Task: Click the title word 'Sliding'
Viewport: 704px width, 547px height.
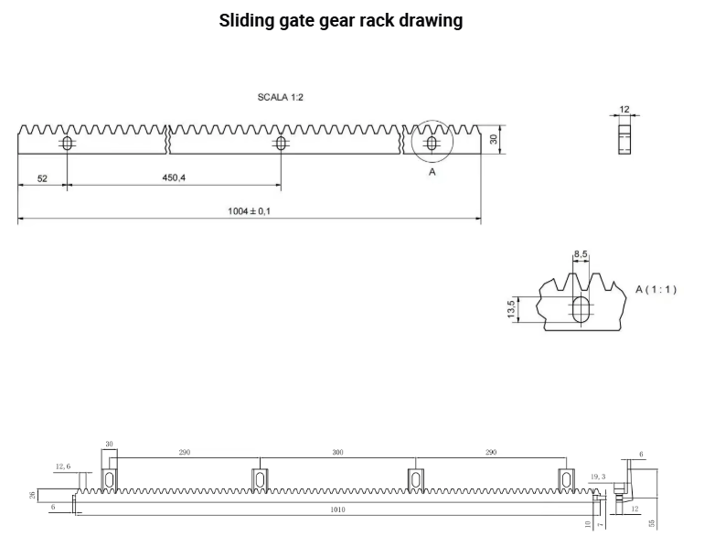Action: pyautogui.click(x=246, y=21)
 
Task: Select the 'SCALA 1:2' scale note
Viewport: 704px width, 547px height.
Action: pyautogui.click(x=282, y=97)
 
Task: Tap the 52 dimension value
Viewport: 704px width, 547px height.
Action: pyautogui.click(x=42, y=178)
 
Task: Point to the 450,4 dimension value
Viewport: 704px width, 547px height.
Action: pyautogui.click(x=174, y=178)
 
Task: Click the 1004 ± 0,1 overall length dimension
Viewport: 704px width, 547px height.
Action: pyautogui.click(x=250, y=211)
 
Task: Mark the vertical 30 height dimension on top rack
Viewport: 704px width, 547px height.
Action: pyautogui.click(x=494, y=139)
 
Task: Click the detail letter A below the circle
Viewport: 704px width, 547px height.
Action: pyautogui.click(x=432, y=171)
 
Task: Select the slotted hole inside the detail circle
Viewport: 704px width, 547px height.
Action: pyautogui.click(x=432, y=143)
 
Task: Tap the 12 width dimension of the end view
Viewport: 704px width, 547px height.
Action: pyautogui.click(x=624, y=110)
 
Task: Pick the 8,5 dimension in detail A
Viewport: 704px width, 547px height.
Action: pyautogui.click(x=581, y=253)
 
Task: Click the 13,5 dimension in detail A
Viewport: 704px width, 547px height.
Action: pyautogui.click(x=511, y=310)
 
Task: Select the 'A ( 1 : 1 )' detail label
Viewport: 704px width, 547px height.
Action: pyautogui.click(x=656, y=289)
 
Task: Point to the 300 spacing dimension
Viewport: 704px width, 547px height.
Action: pyautogui.click(x=337, y=453)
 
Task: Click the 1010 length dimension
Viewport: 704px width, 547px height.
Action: pyautogui.click(x=339, y=510)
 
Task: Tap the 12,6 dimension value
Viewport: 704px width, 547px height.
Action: pyautogui.click(x=62, y=467)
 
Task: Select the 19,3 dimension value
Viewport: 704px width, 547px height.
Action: pyautogui.click(x=599, y=477)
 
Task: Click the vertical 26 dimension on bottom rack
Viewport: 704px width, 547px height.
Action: pyautogui.click(x=32, y=495)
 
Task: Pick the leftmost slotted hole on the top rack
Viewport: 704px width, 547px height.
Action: pyautogui.click(x=67, y=144)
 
